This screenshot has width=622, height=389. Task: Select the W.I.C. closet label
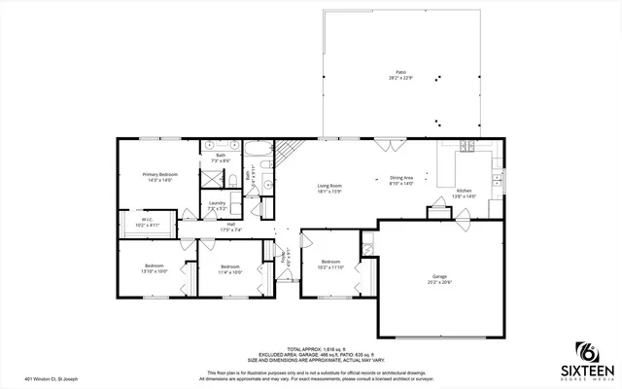coord(147,222)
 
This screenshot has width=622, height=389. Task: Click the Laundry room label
coord(217,205)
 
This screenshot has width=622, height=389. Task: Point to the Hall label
coord(231,228)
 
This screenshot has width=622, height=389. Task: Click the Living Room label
coord(329,188)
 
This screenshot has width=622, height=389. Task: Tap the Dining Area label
coord(401,180)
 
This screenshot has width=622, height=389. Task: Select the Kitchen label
coord(465,193)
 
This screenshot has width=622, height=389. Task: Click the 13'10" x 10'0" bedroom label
coord(155,268)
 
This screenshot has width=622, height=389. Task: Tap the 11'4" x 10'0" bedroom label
coord(229,269)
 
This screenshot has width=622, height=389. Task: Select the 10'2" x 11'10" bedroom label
coord(331,264)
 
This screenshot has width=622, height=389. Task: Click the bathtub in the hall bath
coord(258,150)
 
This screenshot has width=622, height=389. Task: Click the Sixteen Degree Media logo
coord(586,358)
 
